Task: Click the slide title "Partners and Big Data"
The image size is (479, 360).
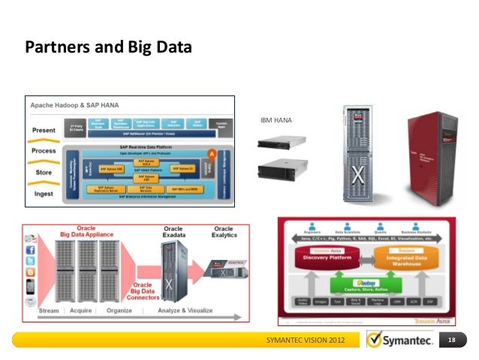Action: click(109, 49)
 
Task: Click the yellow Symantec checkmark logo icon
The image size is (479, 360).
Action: click(375, 341)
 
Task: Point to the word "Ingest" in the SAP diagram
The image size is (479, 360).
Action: click(44, 193)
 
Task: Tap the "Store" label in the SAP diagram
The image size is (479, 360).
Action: click(44, 172)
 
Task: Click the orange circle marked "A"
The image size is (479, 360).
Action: click(212, 153)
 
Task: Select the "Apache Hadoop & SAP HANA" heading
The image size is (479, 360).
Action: click(70, 104)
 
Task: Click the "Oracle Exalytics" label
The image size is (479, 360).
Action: click(224, 232)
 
